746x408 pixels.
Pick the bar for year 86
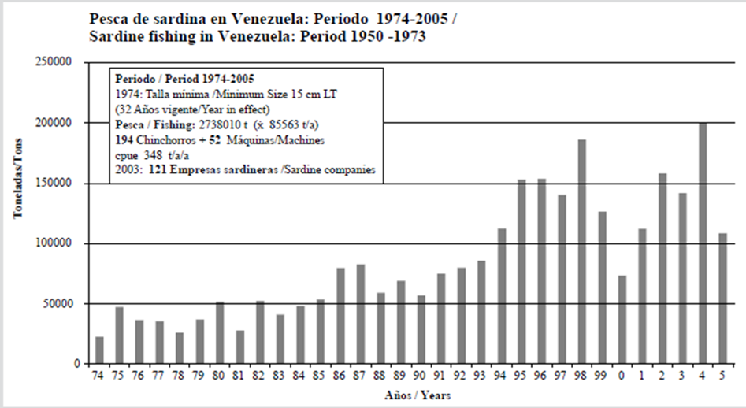tap(341, 316)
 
